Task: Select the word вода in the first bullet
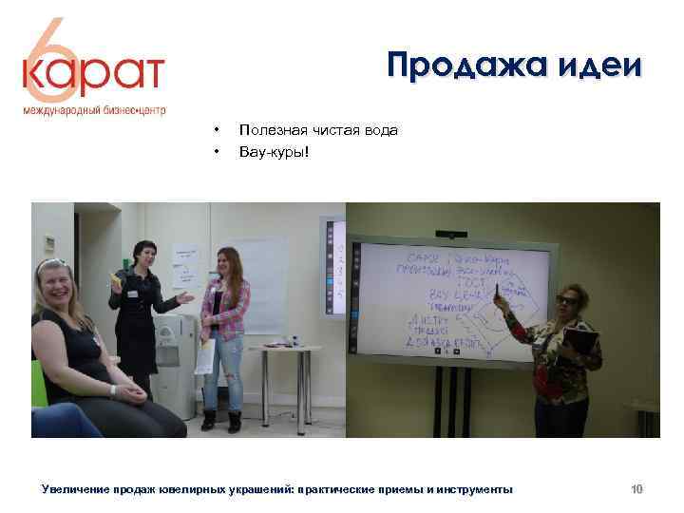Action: (379, 130)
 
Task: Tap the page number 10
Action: (636, 489)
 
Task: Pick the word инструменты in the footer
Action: (474, 489)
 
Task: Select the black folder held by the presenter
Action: (582, 341)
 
